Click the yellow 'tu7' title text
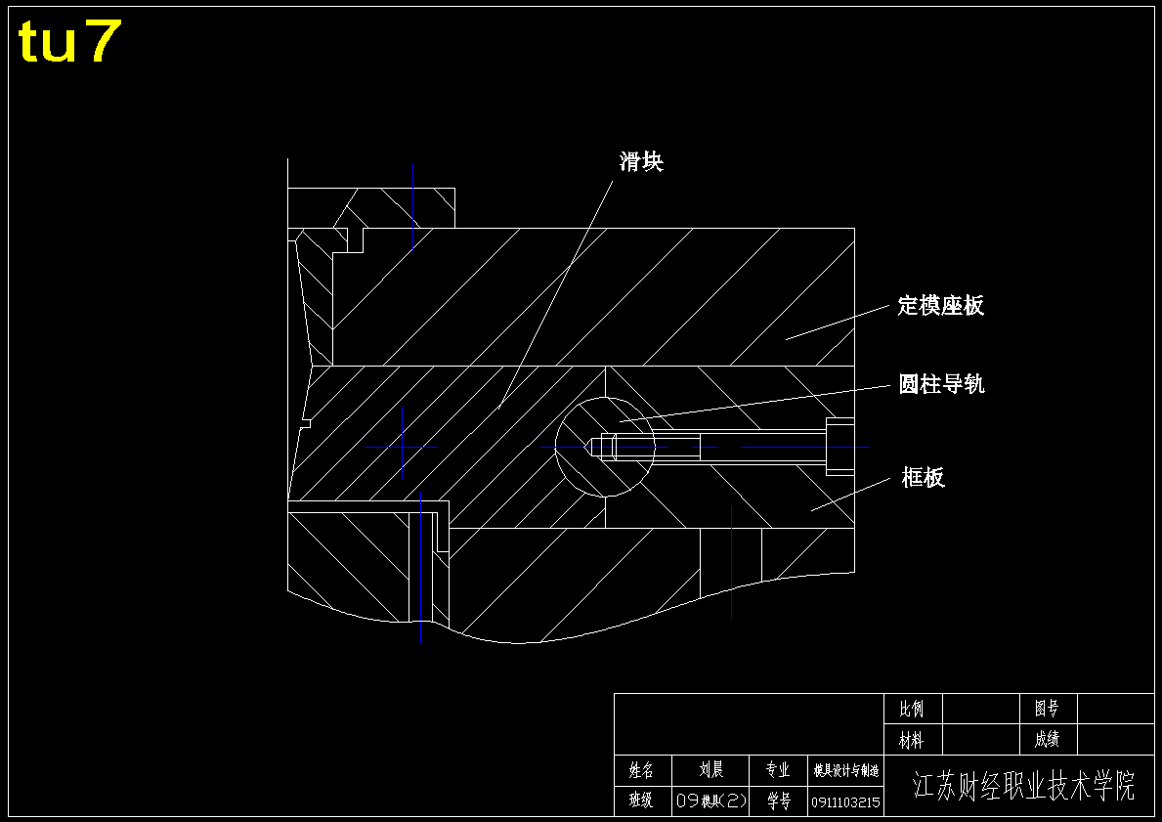69,42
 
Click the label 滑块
641,161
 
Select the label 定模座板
940,305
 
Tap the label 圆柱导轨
941,384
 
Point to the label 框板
924,477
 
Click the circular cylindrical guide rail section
605,447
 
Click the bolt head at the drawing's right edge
840,447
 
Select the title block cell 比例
912,709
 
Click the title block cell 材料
912,740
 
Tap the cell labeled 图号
1047,709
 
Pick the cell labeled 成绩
1047,740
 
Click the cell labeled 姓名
641,770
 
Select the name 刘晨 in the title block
711,770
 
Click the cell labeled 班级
641,801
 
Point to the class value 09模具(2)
711,801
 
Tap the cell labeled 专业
778,770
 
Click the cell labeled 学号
778,801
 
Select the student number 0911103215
846,802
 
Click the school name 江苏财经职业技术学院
1023,786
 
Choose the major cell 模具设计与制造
846,770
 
